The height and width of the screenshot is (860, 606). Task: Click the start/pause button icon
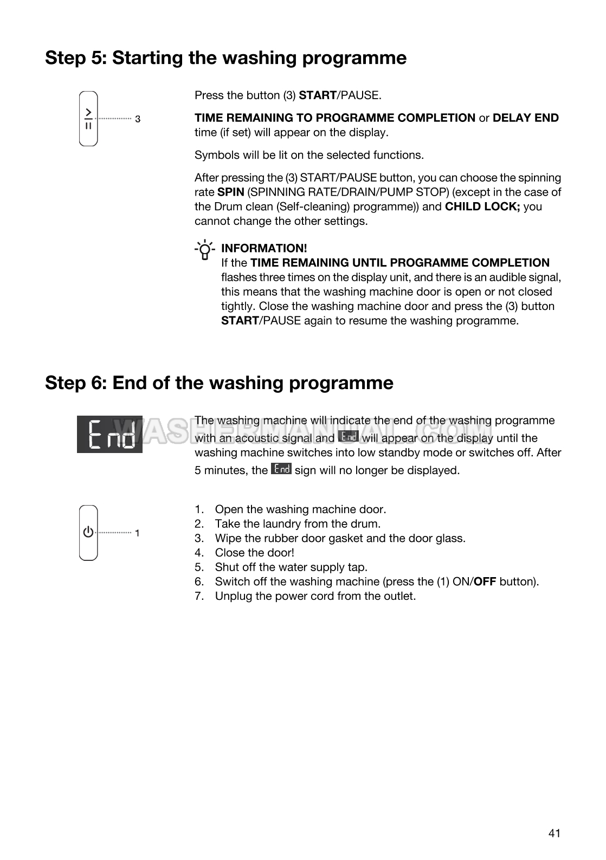pyautogui.click(x=88, y=118)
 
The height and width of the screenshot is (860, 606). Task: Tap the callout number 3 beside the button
pyautogui.click(x=138, y=119)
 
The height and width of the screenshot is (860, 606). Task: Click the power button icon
pyautogui.click(x=88, y=533)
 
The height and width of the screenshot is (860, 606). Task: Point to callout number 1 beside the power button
pyautogui.click(x=137, y=533)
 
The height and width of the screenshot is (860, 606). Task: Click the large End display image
pyautogui.click(x=109, y=434)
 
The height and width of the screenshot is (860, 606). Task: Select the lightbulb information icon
pyautogui.click(x=205, y=250)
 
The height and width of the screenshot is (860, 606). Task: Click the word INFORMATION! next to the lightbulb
pyautogui.click(x=264, y=248)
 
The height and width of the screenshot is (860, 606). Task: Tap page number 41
pyautogui.click(x=554, y=833)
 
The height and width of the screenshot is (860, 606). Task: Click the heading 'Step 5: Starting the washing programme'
pyautogui.click(x=225, y=57)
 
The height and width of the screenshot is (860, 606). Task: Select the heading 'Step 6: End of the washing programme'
pyautogui.click(x=219, y=383)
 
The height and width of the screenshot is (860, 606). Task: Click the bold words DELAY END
pyautogui.click(x=525, y=118)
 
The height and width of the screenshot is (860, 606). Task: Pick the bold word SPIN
pyautogui.click(x=230, y=192)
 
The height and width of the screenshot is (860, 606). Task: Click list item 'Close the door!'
pyautogui.click(x=254, y=553)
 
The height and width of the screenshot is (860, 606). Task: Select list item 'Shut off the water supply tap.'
pyautogui.click(x=291, y=567)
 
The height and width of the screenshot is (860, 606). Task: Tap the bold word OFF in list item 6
pyautogui.click(x=485, y=582)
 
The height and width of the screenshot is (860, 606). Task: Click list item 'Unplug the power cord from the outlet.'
pyautogui.click(x=315, y=596)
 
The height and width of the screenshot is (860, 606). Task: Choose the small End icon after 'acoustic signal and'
pyautogui.click(x=348, y=436)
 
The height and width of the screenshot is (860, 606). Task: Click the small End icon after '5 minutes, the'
pyautogui.click(x=281, y=469)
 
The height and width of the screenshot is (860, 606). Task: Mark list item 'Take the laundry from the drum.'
pyautogui.click(x=298, y=524)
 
